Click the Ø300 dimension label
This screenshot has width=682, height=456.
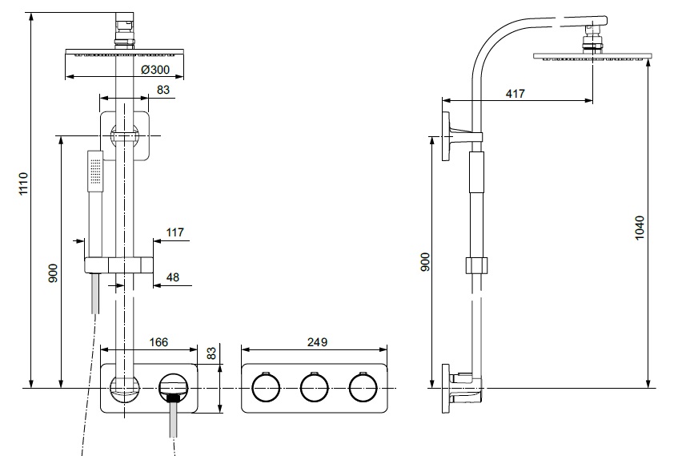[x=155, y=70]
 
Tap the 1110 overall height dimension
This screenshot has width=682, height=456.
[x=23, y=184]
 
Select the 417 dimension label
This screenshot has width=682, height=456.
[x=516, y=94]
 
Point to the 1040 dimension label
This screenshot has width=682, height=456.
[x=640, y=228]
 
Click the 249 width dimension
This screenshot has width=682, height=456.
[x=318, y=342]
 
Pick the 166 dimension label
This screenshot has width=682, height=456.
[x=158, y=342]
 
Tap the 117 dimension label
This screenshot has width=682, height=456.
[x=175, y=232]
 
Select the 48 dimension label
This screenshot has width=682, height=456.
[x=173, y=277]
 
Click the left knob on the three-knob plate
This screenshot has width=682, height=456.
[x=265, y=388]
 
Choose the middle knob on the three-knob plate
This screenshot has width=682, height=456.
[x=314, y=388]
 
